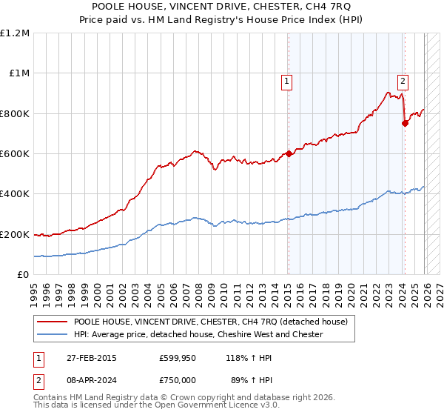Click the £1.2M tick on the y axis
click(15, 33)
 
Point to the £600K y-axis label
click(15, 154)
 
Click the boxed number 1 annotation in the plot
click(286, 82)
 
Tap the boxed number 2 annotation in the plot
click(403, 82)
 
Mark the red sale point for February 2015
click(289, 154)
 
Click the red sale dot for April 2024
click(405, 124)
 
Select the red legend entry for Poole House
click(215, 322)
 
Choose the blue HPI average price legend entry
click(198, 334)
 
